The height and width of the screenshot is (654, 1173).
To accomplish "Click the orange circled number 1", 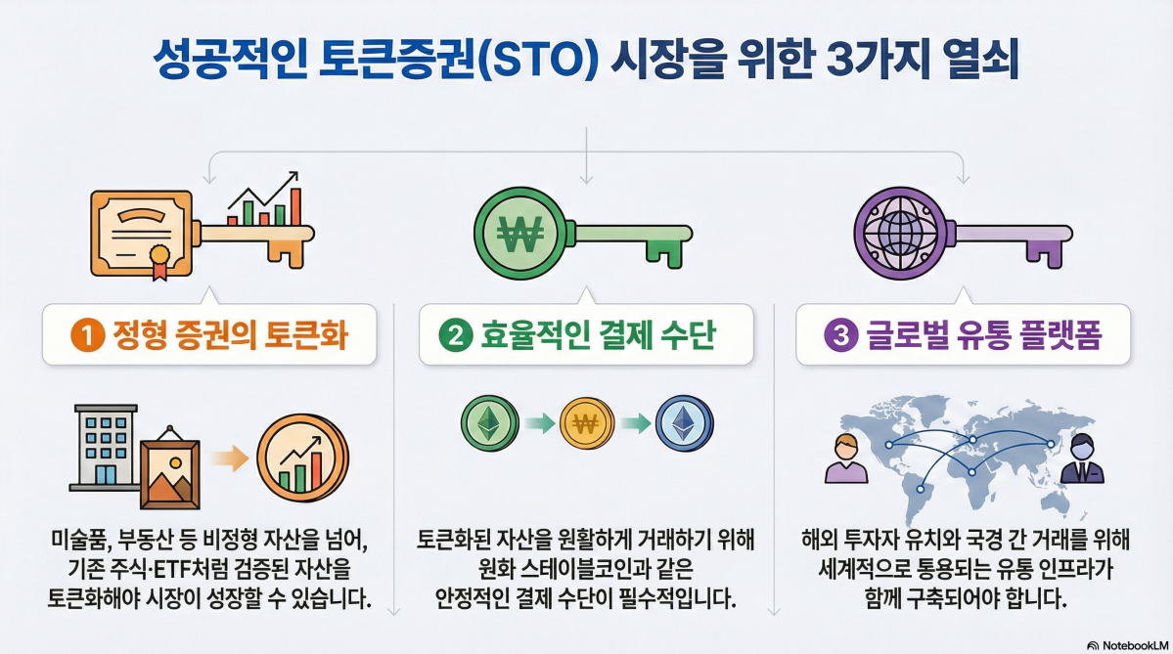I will click(87, 336).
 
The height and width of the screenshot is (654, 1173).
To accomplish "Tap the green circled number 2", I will click(456, 336).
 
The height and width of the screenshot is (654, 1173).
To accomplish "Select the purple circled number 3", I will click(837, 336).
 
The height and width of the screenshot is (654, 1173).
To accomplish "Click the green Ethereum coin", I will click(486, 424).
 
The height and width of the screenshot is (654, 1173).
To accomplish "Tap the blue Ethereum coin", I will click(683, 424).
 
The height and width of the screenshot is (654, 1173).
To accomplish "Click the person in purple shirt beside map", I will click(846, 458).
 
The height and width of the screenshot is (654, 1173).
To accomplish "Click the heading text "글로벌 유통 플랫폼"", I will click(984, 336).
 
